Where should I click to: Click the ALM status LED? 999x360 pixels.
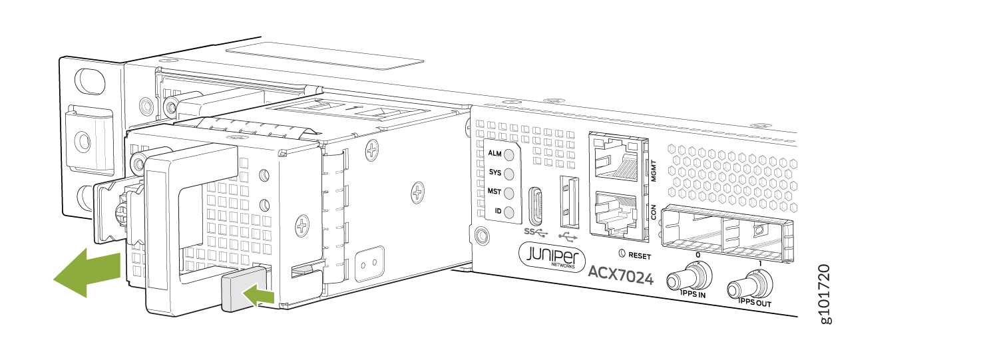click(x=509, y=155)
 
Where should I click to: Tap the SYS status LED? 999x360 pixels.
click(x=509, y=174)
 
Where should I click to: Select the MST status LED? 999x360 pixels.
click(x=509, y=193)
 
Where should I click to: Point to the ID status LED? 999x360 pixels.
click(x=509, y=212)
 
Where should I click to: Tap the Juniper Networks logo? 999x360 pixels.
click(x=552, y=257)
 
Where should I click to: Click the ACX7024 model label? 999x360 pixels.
click(x=621, y=275)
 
